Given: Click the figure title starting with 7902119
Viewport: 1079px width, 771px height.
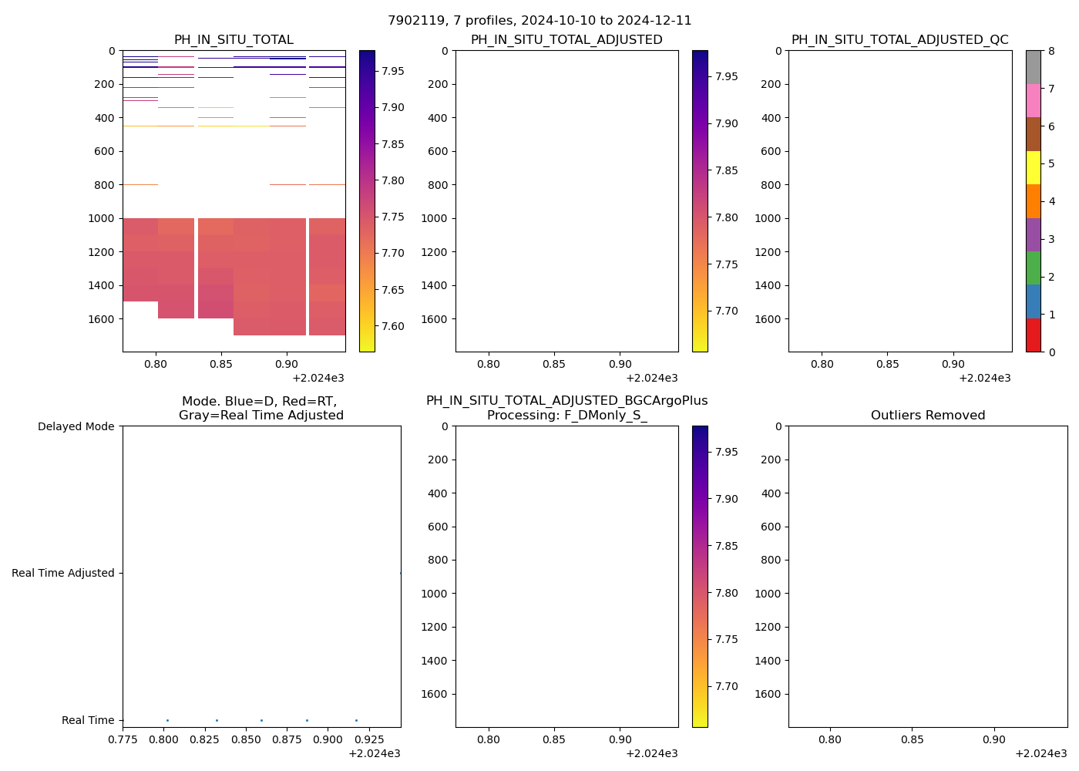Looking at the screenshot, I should [539, 21].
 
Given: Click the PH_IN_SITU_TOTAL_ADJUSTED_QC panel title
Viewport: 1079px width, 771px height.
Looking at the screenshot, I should [899, 40].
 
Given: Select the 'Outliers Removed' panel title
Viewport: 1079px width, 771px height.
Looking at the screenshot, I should [927, 416].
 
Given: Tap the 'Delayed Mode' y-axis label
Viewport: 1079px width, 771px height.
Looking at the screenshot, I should [76, 426].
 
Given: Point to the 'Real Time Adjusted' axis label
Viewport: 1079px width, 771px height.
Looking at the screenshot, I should [63, 573].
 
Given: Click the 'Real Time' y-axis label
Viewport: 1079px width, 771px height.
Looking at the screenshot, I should [88, 720].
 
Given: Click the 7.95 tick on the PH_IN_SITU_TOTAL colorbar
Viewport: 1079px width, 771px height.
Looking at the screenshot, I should [393, 71].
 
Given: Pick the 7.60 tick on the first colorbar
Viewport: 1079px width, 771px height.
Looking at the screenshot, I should [393, 326].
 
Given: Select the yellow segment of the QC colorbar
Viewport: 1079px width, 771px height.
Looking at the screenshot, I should [1033, 167].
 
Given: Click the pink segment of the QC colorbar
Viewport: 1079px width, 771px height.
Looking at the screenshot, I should [1033, 100].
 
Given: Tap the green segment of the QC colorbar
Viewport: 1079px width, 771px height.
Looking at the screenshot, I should [1033, 268].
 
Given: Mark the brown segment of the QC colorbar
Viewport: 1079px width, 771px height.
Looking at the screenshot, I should [1033, 134].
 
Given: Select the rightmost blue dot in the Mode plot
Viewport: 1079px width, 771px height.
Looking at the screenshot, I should [356, 720].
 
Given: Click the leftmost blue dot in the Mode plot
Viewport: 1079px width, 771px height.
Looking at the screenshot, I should [167, 720].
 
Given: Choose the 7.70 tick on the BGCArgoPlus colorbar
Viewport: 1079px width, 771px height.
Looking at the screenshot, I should [727, 686].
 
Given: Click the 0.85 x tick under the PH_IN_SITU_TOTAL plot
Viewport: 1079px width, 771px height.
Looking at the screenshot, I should [221, 364].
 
